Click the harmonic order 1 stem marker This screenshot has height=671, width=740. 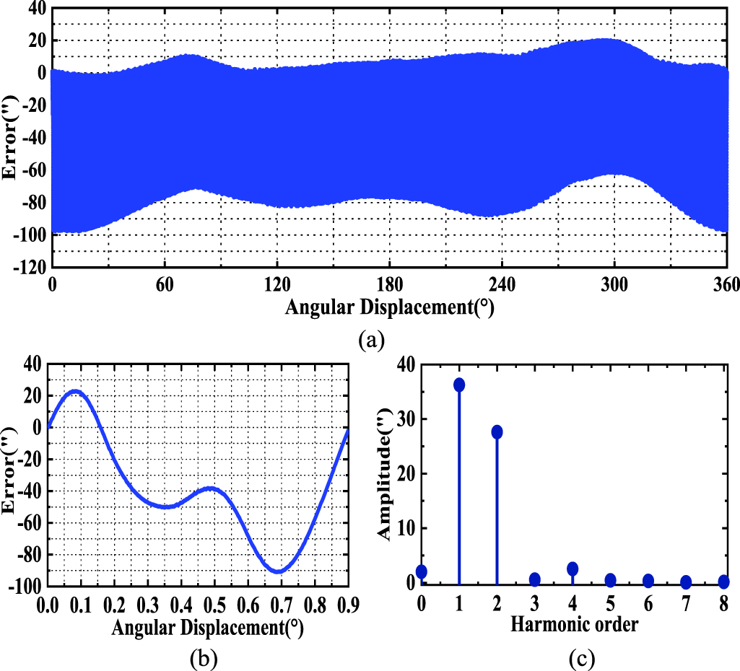459,385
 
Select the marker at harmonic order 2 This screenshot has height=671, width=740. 497,431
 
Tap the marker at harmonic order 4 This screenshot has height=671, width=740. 573,569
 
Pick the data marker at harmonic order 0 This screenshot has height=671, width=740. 422,571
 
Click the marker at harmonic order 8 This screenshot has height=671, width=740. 723,581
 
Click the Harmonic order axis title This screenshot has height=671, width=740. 574,624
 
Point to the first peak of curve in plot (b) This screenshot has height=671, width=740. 75,391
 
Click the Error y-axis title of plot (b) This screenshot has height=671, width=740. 10,476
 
